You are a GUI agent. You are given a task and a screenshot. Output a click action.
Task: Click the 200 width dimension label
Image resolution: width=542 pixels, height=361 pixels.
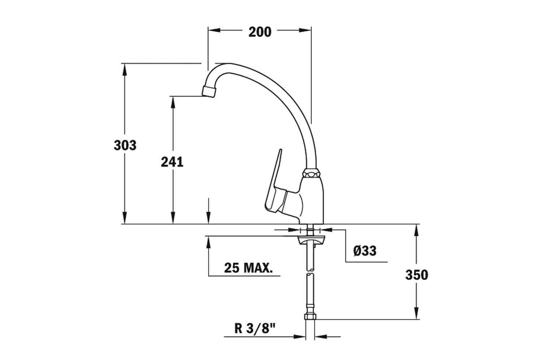coord(260,32)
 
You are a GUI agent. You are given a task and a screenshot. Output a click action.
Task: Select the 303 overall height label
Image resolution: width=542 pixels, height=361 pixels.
coord(125,145)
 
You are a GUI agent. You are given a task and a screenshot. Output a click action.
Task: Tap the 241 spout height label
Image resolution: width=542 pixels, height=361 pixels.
coord(172,162)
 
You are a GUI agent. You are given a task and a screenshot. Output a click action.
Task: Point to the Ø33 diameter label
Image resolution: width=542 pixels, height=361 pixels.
coord(365,250)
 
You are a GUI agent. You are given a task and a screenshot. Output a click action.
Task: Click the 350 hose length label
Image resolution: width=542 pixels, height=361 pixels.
coord(417,275)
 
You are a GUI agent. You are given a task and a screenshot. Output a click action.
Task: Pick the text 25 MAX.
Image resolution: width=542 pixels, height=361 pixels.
coord(248,268)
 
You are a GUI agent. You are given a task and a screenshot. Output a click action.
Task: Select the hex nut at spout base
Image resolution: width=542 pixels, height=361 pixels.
coord(311,173)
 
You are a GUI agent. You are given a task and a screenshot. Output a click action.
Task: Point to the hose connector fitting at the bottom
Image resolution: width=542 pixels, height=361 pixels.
coord(311,317)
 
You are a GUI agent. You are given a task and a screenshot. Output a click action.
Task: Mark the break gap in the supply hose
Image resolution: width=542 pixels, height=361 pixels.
coord(311,273)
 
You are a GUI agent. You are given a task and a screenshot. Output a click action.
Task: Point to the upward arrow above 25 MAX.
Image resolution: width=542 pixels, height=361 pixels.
coord(208,242)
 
